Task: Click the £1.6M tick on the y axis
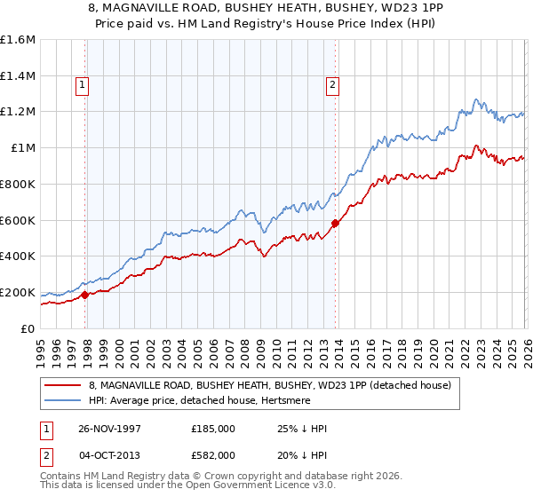click(18, 40)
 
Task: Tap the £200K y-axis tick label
click(18, 292)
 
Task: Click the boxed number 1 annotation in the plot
click(82, 85)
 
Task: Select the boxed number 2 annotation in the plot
click(332, 85)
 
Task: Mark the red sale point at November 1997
click(85, 295)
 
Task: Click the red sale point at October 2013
click(335, 224)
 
